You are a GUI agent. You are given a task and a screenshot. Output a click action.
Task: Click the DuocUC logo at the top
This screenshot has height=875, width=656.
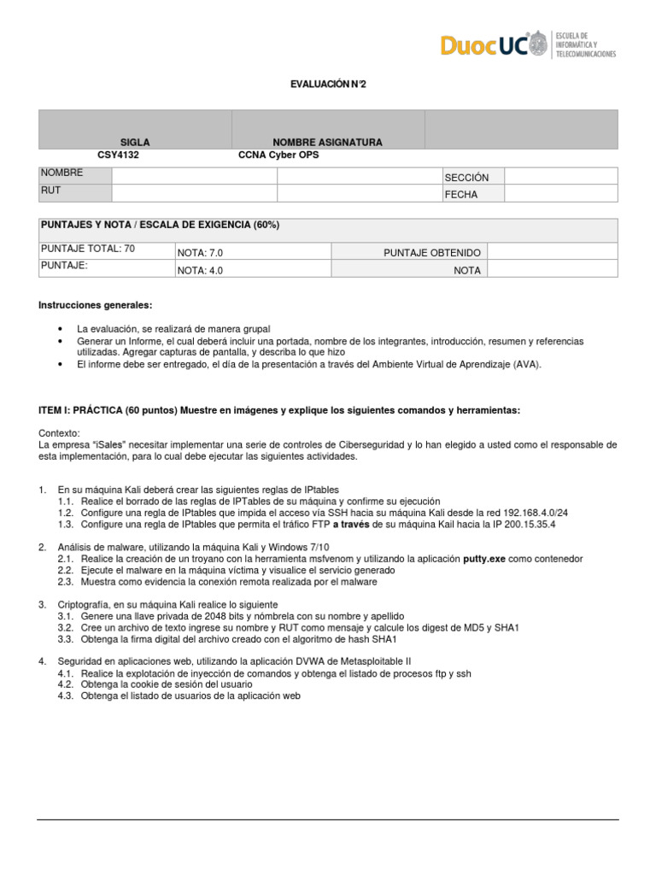pos(528,44)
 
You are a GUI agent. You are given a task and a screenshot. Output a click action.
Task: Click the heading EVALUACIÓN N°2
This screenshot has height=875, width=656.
pos(327,85)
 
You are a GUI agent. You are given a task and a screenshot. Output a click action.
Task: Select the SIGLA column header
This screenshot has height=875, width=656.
pos(135,142)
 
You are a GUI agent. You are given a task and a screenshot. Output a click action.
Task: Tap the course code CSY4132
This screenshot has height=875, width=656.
pos(119,156)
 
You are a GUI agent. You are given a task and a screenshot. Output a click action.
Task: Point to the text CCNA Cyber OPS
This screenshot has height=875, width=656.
pos(278,156)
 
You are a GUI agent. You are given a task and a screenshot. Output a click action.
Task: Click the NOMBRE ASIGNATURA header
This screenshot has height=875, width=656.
pos(327,142)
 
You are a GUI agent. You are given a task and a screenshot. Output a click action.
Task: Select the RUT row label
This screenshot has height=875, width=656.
pos(50,191)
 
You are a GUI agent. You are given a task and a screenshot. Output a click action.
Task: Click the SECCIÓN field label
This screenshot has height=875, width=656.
pos(466,178)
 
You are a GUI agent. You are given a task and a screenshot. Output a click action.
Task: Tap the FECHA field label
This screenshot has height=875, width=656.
pos(460,195)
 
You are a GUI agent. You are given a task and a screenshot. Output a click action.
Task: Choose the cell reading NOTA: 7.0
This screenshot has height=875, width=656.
pos(201,253)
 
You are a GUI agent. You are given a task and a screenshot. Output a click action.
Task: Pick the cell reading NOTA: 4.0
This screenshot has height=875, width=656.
pos(201,270)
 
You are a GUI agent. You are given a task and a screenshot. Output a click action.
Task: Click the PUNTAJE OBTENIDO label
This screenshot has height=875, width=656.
pos(432,253)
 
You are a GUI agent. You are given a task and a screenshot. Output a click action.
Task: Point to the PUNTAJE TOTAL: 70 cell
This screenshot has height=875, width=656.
pos(88,249)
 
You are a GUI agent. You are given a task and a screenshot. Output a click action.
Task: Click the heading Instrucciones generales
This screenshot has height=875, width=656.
pos(96,305)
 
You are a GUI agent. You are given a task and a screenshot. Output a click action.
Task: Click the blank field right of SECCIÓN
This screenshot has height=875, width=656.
pos(560,176)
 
